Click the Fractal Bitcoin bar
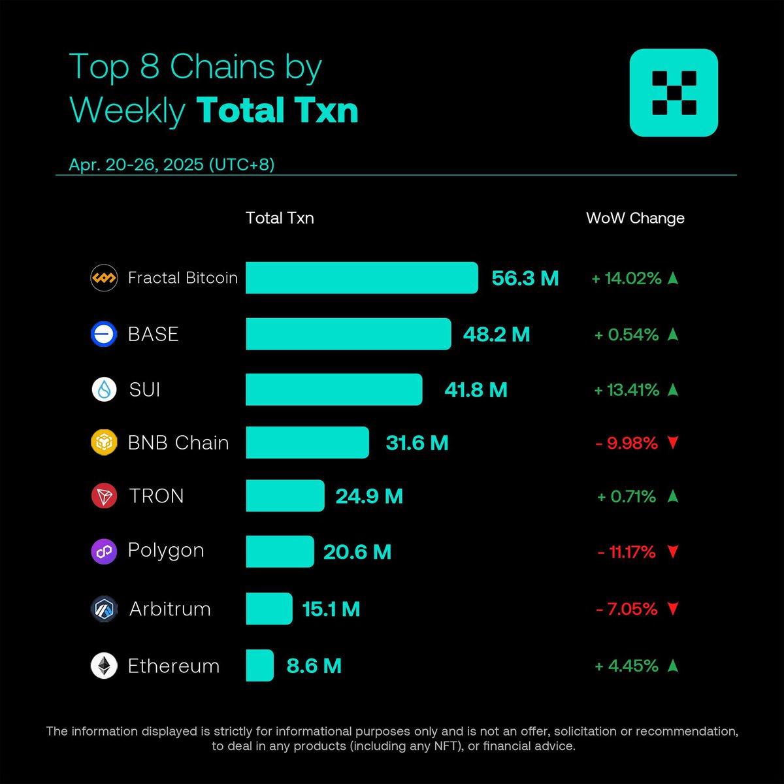click(361, 278)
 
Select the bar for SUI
click(334, 390)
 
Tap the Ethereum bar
click(259, 666)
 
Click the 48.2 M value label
click(497, 335)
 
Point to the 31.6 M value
click(417, 443)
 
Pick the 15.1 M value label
click(331, 610)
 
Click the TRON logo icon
click(104, 496)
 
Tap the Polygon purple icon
click(104, 551)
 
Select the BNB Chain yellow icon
click(104, 442)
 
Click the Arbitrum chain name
click(170, 609)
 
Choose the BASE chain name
click(154, 334)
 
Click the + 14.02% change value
click(627, 278)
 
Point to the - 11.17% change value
click(627, 552)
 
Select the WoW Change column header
click(635, 218)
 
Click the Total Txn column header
click(280, 218)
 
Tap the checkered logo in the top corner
click(674, 93)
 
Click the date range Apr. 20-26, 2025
click(172, 164)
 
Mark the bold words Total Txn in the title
click(278, 110)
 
